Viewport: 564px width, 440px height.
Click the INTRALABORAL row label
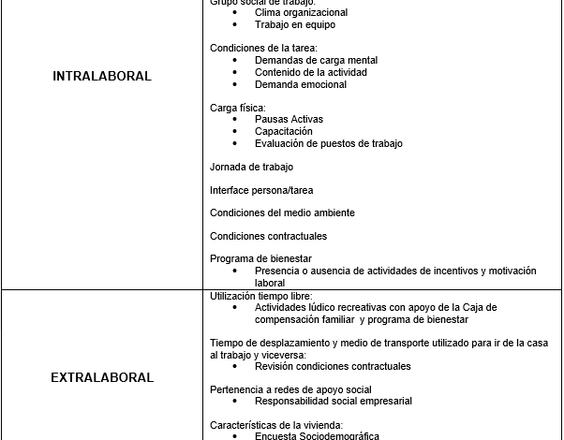102,77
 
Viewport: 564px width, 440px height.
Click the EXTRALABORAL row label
102,378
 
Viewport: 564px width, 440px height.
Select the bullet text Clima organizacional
301,13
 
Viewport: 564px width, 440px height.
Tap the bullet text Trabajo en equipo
294,25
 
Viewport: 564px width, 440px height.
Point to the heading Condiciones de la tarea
263,48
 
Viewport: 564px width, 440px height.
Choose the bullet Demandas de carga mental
316,60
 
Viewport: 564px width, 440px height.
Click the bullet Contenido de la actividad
311,72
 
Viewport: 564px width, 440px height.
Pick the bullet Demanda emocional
300,84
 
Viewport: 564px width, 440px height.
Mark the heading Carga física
238,108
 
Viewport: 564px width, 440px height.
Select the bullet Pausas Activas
290,120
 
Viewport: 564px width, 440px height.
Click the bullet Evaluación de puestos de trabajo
328,144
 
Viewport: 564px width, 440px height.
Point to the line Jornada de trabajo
251,167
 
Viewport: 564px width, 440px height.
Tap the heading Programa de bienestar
260,258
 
